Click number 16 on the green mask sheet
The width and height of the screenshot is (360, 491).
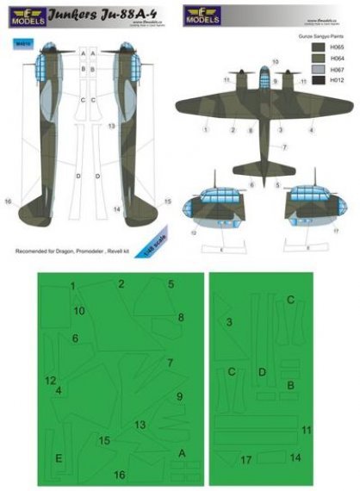pos(120,475)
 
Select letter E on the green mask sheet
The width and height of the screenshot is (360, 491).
pos(59,457)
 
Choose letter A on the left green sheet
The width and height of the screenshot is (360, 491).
pos(182,452)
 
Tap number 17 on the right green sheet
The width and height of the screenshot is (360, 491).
pos(246,460)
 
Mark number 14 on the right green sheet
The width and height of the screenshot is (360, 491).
pos(295,457)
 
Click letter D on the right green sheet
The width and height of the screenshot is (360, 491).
pos(262,371)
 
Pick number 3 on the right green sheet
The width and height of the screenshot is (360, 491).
pos(229,321)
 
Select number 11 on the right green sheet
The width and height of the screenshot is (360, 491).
pos(306,429)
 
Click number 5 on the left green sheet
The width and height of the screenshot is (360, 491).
pos(171,283)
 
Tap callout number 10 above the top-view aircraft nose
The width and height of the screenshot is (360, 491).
pos(276,62)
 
